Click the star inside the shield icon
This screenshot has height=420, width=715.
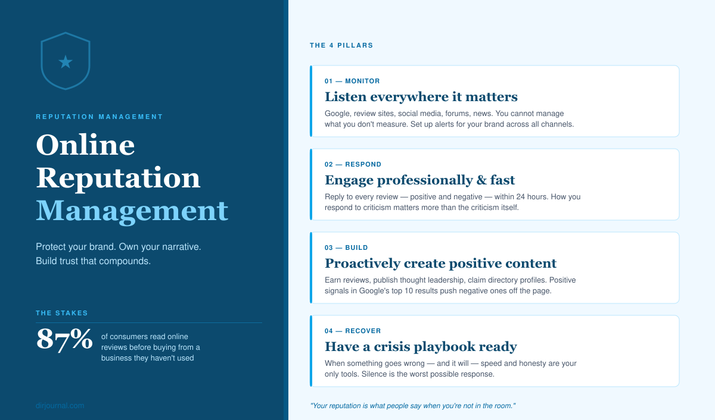66,61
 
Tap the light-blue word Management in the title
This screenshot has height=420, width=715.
132,210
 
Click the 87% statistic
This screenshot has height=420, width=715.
64,339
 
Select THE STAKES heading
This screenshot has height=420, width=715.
62,313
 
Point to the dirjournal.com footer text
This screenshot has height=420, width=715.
60,406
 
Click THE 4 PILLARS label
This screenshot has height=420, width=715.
341,45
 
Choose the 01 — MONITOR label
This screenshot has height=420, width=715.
352,81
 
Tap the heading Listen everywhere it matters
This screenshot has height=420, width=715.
421,96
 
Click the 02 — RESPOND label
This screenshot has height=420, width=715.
353,164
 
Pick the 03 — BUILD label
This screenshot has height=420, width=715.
346,247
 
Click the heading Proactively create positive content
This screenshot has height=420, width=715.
440,263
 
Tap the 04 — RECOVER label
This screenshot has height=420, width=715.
353,331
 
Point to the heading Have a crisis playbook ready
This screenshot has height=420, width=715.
421,346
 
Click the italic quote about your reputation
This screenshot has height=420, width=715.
412,406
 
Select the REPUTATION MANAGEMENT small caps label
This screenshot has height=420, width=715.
100,117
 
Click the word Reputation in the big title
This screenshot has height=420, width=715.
118,178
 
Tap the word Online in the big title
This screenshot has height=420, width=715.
85,145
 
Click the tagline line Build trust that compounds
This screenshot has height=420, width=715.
93,261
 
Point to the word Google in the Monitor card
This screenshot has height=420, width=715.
338,114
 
